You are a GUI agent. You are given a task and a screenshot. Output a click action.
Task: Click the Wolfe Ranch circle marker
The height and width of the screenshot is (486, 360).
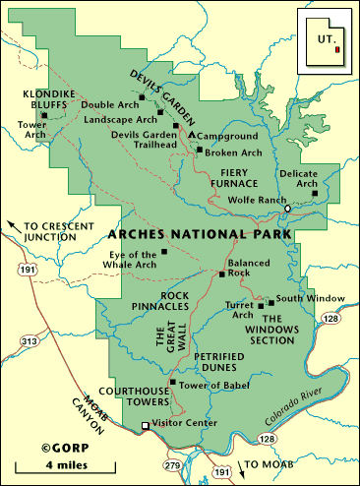(288, 209)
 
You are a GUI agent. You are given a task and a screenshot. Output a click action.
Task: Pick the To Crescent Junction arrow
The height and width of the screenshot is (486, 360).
(12, 225)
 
